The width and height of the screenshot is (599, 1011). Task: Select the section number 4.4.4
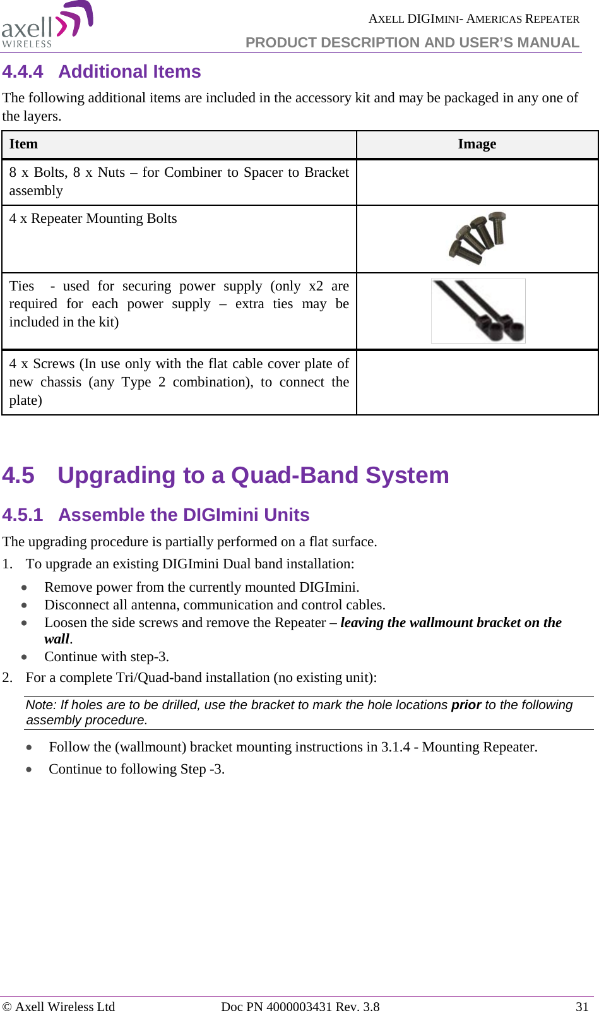coord(23,72)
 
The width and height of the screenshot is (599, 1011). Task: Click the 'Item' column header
coord(23,145)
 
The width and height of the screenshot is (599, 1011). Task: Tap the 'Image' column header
coord(477,145)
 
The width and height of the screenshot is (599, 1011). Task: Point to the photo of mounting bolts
coord(478,238)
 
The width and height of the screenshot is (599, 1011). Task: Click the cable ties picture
coord(478,311)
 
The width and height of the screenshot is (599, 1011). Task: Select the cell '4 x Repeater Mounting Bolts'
coord(93,218)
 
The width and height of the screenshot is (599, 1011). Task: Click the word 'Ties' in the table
coord(21,286)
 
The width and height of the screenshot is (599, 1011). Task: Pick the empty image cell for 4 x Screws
coord(477,382)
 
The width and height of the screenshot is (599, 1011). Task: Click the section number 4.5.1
coord(23,515)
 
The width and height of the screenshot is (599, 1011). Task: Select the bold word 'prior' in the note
coord(466,705)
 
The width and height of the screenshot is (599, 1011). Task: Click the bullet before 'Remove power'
coord(24,588)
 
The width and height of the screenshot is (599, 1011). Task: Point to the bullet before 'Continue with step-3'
coord(24,657)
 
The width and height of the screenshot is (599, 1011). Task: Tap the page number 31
coord(582,1007)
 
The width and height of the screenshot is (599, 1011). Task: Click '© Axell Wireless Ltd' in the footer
coord(59,1007)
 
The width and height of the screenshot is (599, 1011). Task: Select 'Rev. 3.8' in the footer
coord(357,1007)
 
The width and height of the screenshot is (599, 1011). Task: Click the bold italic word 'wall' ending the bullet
coord(57,639)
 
